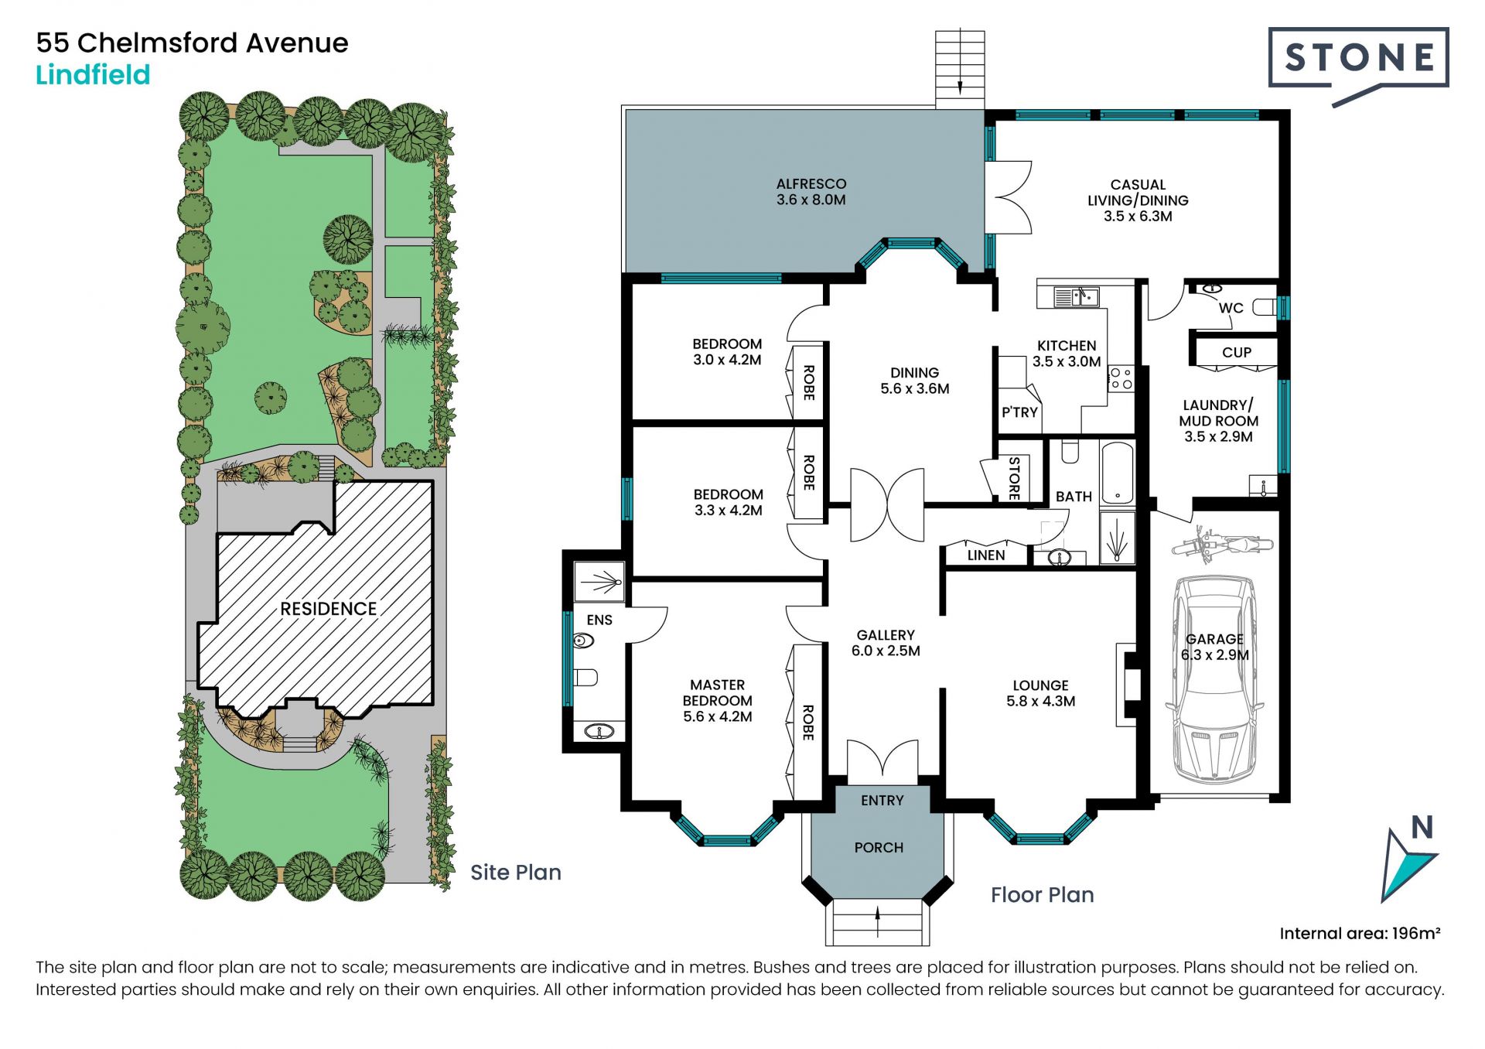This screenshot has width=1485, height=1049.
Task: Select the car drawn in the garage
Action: tap(1214, 680)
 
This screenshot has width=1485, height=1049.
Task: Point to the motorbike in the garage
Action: tap(1221, 544)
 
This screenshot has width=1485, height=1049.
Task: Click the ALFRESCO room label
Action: tap(811, 184)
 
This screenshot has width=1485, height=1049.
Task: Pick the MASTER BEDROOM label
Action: tap(718, 692)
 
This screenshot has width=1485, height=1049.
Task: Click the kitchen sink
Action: tap(1076, 296)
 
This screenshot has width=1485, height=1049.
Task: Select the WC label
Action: tap(1231, 308)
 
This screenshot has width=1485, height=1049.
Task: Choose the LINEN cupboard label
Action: tap(986, 555)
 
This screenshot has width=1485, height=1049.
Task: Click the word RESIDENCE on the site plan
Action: tap(329, 609)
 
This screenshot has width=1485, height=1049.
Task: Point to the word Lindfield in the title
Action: tap(93, 75)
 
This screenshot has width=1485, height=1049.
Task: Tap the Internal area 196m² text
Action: tap(1360, 933)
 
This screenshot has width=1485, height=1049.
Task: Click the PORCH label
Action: tap(879, 848)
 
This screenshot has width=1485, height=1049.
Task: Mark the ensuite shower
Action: tap(599, 582)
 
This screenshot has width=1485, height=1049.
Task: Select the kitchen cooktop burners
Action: tap(1121, 378)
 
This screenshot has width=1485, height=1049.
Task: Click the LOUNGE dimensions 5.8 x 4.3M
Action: tap(1041, 702)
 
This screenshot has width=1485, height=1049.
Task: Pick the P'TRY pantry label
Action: tap(1019, 412)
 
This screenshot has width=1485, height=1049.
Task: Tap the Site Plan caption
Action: tap(516, 873)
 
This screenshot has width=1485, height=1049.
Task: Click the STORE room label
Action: tap(1014, 478)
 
